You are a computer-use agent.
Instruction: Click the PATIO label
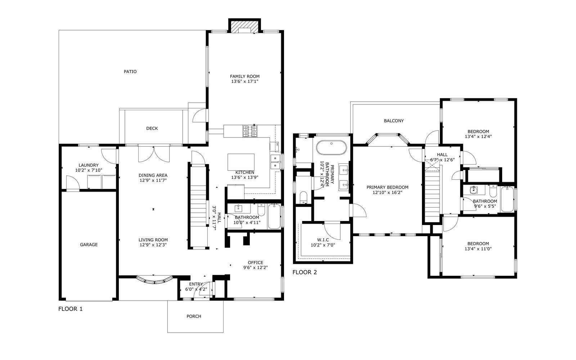click(130, 72)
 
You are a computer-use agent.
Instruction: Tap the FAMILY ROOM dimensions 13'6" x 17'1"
click(244, 81)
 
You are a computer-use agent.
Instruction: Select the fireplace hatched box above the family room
click(244, 27)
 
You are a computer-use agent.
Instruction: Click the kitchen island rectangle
click(241, 162)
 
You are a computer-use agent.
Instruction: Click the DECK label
click(152, 128)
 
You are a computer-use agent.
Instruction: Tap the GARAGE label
click(89, 244)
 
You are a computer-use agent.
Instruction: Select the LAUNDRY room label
click(89, 165)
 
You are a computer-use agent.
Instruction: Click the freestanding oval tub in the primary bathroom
click(332, 148)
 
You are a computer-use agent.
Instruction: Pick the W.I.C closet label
click(323, 240)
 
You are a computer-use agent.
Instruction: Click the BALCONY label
click(394, 121)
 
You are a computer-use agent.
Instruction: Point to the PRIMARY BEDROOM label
click(387, 187)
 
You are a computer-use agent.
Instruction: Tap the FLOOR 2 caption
click(305, 272)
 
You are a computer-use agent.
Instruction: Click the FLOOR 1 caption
click(71, 309)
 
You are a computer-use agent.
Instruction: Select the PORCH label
click(194, 316)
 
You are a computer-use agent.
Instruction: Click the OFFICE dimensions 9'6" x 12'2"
click(256, 267)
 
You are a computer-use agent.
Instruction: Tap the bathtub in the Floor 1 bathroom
click(274, 216)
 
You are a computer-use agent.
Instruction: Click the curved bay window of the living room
click(154, 280)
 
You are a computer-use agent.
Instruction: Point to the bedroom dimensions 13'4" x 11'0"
click(478, 249)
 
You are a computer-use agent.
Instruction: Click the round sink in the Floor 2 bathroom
click(474, 190)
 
